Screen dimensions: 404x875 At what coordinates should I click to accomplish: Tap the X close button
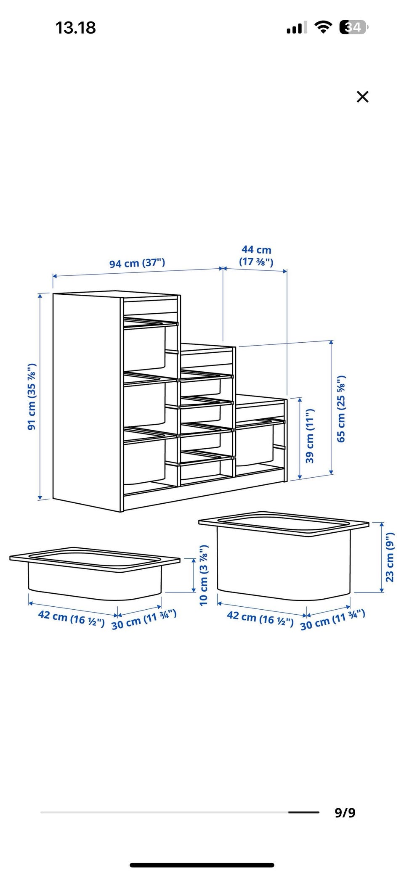(362, 97)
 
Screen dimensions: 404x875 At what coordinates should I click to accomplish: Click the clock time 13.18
(76, 28)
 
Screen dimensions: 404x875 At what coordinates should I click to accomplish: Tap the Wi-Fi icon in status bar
(323, 27)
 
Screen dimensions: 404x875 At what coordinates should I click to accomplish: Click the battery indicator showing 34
(353, 27)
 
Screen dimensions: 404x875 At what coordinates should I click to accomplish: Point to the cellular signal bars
(297, 28)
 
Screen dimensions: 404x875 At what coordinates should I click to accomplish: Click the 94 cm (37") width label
(137, 263)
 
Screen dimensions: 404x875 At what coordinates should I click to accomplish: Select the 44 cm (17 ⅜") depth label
(256, 256)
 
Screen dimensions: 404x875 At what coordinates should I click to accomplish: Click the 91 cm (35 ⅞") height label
(32, 397)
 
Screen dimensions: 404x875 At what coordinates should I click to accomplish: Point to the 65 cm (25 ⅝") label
(341, 408)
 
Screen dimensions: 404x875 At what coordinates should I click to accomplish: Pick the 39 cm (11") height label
(310, 436)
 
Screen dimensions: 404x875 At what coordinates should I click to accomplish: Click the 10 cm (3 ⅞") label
(204, 575)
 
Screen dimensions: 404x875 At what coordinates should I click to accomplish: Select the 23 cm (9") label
(390, 557)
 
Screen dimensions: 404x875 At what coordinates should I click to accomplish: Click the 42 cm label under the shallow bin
(71, 618)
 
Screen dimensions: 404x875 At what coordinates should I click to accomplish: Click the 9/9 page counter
(345, 812)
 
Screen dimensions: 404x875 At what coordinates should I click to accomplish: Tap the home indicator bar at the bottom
(202, 865)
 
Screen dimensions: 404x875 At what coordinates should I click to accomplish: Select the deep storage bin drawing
(284, 555)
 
